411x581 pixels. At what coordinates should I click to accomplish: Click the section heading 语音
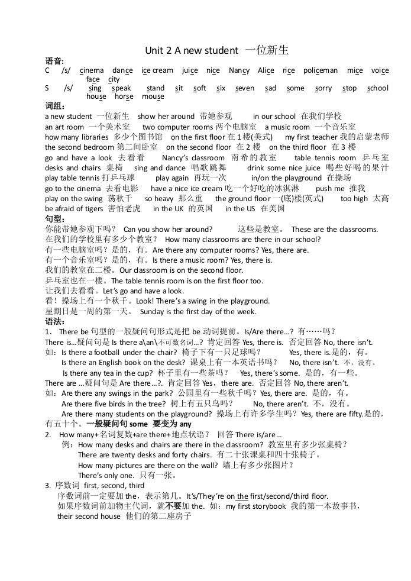coord(54,61)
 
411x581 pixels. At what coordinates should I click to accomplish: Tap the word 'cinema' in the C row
coord(92,70)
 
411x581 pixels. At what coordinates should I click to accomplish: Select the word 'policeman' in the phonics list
coord(321,70)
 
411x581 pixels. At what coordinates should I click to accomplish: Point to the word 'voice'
coord(380,70)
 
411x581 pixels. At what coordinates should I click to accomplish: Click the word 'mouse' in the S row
coord(153,96)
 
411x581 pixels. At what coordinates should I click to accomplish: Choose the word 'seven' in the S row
coord(245,88)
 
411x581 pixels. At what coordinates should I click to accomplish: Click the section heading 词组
coord(54,106)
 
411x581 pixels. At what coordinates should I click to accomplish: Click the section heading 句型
coord(54,220)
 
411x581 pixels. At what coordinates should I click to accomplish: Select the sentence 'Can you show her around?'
coord(168,230)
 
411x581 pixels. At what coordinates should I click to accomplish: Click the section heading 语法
coord(54,321)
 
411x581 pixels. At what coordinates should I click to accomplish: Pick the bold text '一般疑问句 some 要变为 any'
coord(139,424)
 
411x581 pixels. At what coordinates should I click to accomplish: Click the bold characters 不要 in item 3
coord(172,506)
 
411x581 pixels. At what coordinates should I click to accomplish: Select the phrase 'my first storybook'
coord(256,506)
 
